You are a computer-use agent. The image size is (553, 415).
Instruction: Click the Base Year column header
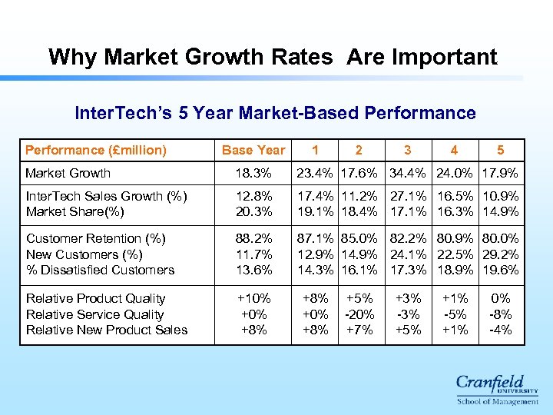pos(253,150)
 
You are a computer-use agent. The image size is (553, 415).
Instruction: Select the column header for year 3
pos(407,150)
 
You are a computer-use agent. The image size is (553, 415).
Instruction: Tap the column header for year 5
pos(501,150)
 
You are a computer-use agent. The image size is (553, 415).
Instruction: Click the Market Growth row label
pos(68,174)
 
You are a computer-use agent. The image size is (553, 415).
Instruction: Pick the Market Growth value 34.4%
pos(407,174)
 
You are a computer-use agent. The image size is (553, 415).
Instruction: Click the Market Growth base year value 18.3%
pos(253,174)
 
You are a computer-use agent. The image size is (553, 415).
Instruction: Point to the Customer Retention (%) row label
pos(95,238)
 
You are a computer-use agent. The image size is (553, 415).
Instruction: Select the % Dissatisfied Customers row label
pos(100,270)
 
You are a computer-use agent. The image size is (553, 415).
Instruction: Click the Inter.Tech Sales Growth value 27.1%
pos(407,196)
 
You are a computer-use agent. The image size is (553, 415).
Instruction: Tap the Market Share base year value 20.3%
pos(253,211)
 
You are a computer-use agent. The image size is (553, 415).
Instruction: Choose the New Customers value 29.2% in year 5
pos(501,254)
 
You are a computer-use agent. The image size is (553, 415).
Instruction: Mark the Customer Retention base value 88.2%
pos(253,238)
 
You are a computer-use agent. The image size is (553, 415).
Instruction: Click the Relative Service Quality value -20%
pos(359,314)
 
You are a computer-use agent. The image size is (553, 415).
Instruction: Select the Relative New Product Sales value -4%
pos(501,330)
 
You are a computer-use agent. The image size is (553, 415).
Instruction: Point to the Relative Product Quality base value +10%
pos(253,298)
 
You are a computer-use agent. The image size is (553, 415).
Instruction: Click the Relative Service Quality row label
pos(94,314)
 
